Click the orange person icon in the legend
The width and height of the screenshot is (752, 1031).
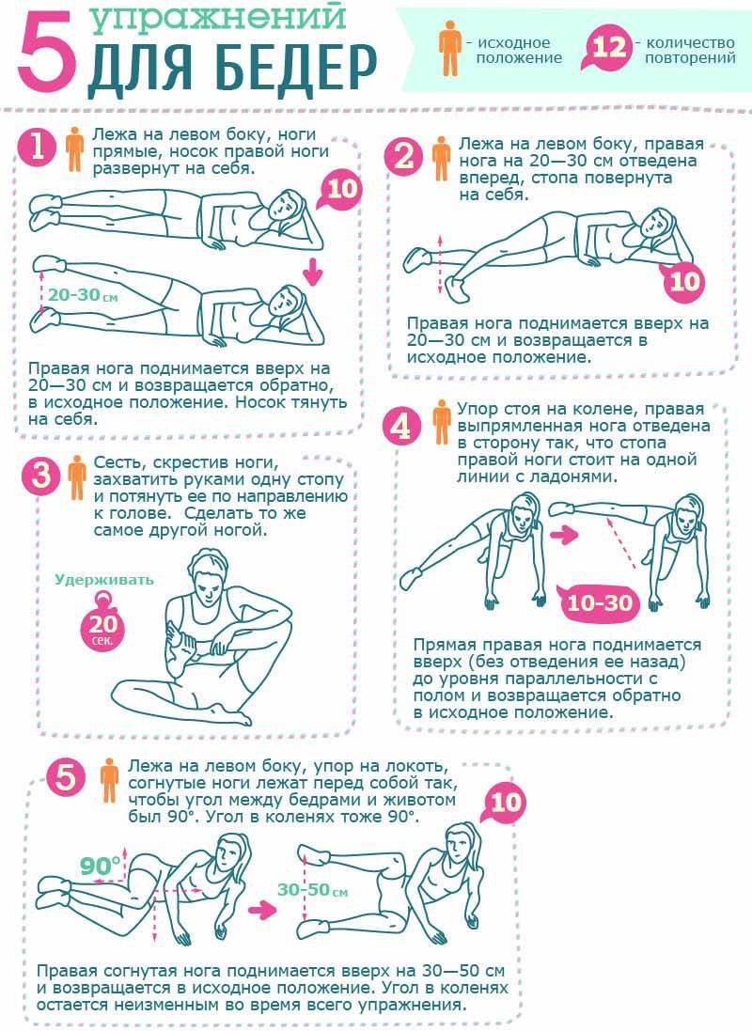click(x=450, y=47)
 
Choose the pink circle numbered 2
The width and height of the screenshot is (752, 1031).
click(x=402, y=156)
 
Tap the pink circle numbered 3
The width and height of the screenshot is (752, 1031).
click(x=40, y=474)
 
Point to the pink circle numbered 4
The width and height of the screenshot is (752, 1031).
click(x=400, y=426)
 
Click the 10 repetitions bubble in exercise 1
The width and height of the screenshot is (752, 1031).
click(x=339, y=189)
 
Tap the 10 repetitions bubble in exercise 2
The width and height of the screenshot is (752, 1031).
click(x=682, y=281)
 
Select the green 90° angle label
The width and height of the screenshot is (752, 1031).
click(x=100, y=866)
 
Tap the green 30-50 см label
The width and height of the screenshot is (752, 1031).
click(x=312, y=890)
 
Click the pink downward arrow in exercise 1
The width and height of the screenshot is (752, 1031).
click(x=314, y=272)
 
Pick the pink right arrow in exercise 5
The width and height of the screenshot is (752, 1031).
click(x=262, y=911)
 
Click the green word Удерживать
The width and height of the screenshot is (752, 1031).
click(x=104, y=580)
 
